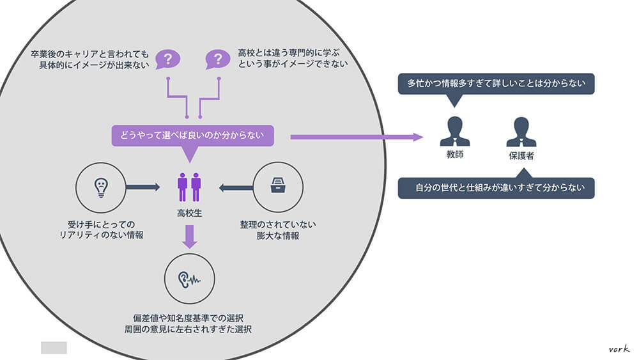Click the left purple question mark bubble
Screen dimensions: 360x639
167,59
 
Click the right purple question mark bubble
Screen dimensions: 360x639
218,59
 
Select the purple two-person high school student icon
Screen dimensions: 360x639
189,187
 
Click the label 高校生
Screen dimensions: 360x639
189,212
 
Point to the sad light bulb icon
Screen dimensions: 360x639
100,187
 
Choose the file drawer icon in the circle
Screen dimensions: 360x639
278,187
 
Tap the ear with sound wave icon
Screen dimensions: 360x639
189,279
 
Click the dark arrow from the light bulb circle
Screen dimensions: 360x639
142,187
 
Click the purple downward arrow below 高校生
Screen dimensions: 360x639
190,236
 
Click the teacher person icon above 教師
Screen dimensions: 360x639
454,132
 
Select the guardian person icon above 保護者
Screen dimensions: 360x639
521,132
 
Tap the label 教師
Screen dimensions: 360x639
454,155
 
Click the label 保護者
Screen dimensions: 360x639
521,155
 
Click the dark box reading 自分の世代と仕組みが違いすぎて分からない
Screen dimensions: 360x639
496,188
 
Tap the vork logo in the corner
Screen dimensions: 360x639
619,348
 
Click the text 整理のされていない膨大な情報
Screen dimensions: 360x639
278,230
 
